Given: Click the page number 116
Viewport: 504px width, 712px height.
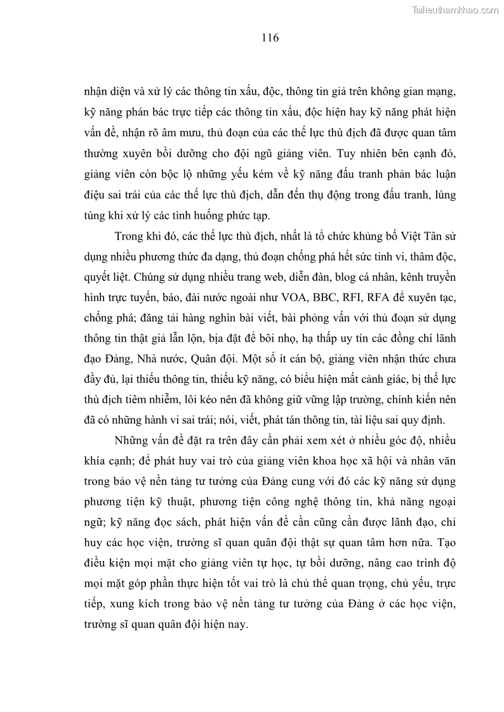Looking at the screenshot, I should [270, 37].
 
